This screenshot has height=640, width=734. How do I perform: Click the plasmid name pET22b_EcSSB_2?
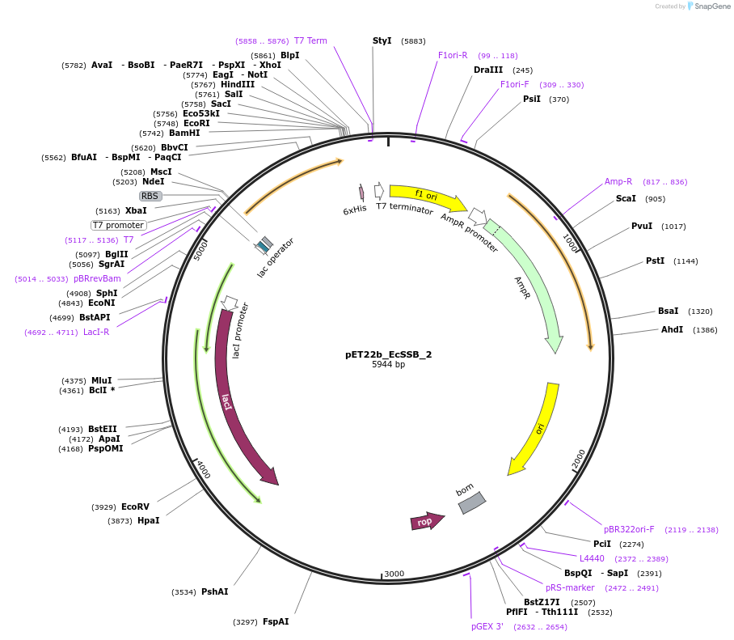point(388,354)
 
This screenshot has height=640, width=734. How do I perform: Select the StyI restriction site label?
point(382,40)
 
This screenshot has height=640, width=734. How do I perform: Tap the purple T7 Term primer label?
point(310,40)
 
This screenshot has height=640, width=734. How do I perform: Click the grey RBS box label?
point(150,196)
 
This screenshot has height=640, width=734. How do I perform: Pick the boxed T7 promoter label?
point(118,225)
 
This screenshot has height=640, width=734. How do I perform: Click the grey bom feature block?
point(472,502)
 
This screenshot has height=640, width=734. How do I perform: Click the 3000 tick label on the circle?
point(394,574)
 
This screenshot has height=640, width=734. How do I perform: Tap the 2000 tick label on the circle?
point(579,459)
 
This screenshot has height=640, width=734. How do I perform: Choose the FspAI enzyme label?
point(276,621)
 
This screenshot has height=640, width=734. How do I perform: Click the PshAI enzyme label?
point(214,591)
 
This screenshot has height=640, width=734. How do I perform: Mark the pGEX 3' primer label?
point(487,626)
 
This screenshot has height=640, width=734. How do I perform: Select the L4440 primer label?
point(592,558)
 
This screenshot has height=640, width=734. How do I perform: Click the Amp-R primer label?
point(618,181)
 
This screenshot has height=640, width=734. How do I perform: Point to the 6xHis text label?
point(355,209)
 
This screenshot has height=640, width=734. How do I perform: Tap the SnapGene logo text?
point(714,6)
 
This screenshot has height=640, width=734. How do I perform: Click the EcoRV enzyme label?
point(135,506)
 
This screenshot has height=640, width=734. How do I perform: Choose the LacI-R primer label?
point(96,332)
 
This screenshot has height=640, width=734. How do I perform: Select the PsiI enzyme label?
point(531,99)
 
